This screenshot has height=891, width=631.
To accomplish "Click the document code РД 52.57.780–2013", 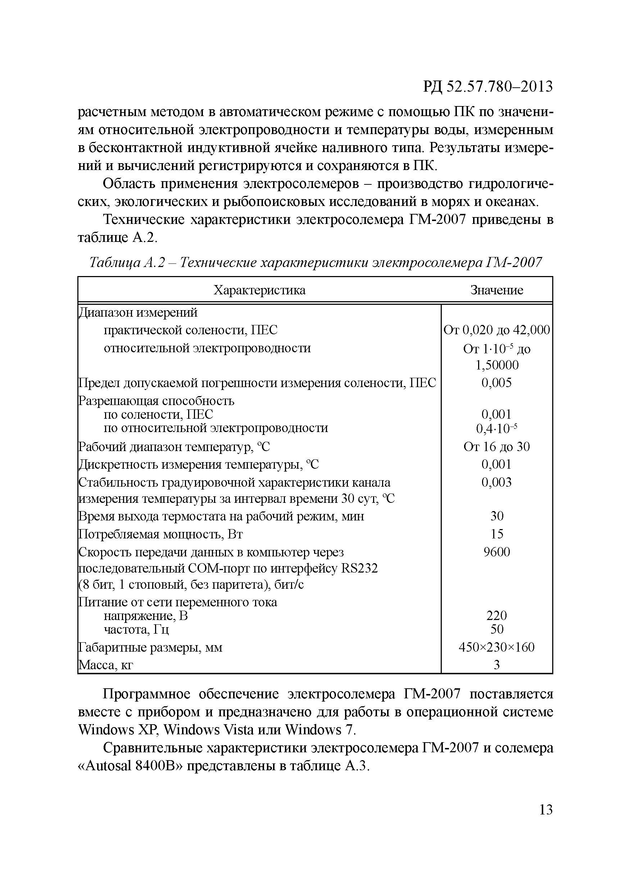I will [487, 87].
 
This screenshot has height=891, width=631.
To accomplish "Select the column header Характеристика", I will [259, 290].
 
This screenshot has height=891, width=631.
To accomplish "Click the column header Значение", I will [496, 290].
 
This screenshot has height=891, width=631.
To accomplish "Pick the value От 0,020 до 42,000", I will [496, 330].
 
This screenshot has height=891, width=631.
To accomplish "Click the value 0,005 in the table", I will [496, 383].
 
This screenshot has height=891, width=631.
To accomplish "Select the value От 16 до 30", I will [496, 447].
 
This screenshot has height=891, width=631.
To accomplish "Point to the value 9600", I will [496, 552].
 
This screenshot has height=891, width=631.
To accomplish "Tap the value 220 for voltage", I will [496, 615].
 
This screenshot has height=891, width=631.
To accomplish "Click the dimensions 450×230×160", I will [496, 647].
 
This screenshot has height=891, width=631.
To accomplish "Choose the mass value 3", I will [496, 665].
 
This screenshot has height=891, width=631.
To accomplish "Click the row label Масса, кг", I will [106, 665].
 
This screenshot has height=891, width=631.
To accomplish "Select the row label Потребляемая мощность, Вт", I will [160, 534].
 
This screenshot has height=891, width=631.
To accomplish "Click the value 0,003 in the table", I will [496, 482].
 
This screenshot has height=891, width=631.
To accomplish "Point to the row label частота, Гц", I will [136, 629].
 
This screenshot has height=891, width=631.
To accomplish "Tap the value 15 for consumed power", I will [496, 534].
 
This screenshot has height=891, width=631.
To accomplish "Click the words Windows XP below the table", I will [117, 730].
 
